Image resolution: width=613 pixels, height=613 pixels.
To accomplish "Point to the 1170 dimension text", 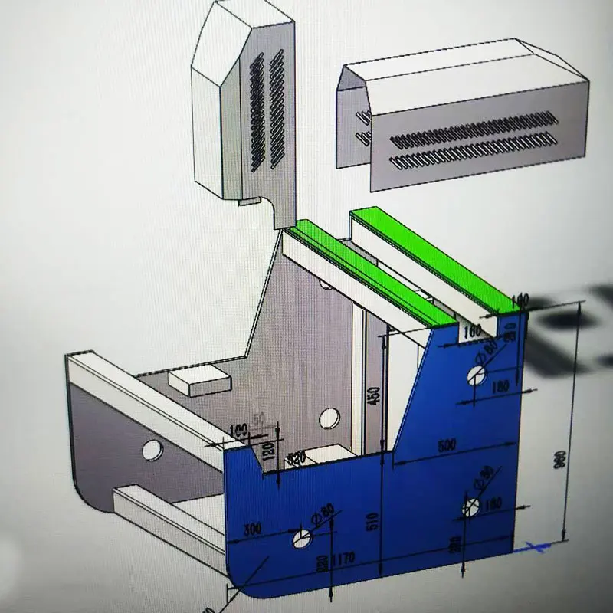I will click(343, 559).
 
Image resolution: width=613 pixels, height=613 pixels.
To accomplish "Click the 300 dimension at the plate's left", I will click(253, 529).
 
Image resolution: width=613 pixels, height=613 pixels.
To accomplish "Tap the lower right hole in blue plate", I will click(471, 506).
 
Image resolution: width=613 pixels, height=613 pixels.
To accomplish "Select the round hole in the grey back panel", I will click(329, 418).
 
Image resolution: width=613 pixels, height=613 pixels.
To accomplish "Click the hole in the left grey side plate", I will click(152, 449).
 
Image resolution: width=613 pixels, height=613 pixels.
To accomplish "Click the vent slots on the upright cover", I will click(266, 111).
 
